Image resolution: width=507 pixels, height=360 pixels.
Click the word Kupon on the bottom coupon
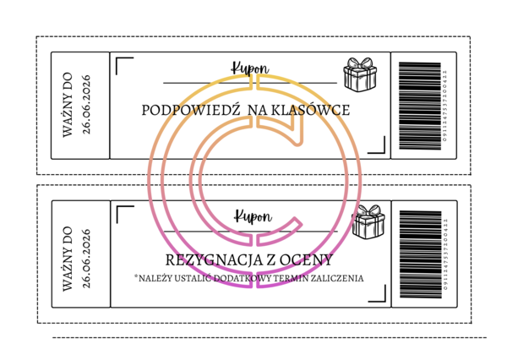[x=252, y=216]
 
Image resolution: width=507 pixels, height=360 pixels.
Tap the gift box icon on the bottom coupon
[x=368, y=222]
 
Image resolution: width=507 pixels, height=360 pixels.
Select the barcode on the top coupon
[x=420, y=106]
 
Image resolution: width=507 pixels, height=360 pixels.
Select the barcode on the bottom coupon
[x=421, y=254]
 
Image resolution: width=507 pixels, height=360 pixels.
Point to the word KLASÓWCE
[x=313, y=110]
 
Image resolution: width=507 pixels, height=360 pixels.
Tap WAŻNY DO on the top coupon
[x=70, y=106]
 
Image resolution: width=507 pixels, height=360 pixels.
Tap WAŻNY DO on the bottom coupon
[x=70, y=256]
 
